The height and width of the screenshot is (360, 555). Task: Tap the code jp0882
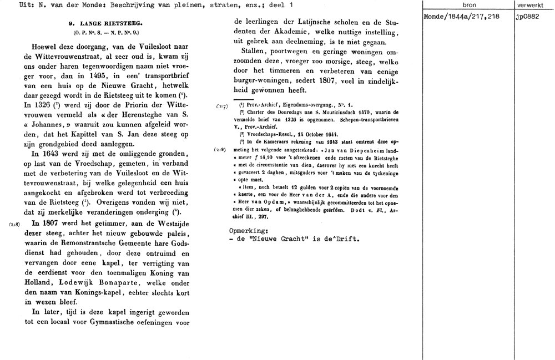(527, 17)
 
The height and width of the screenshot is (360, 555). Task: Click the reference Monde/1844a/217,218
(461, 17)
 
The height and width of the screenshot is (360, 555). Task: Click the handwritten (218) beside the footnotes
(220, 150)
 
